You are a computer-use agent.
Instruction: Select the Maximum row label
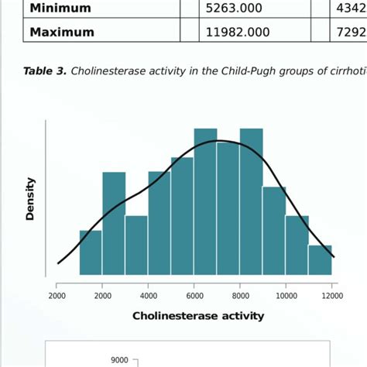[x=62, y=33]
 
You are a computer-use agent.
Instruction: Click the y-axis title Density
[x=30, y=199]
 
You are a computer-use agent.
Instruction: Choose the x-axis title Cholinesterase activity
[x=198, y=315]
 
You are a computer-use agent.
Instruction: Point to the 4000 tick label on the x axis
[x=149, y=295]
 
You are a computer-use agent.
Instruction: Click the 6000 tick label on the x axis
[x=194, y=295]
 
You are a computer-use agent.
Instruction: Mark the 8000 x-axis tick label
[x=240, y=295]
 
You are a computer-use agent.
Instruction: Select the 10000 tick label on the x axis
[x=286, y=295]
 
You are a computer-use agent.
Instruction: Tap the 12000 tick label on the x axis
[x=332, y=295]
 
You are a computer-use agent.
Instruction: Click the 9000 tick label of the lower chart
[x=119, y=359]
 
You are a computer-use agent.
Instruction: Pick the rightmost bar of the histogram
[x=320, y=260]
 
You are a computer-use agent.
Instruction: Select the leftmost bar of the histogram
[x=91, y=252]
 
